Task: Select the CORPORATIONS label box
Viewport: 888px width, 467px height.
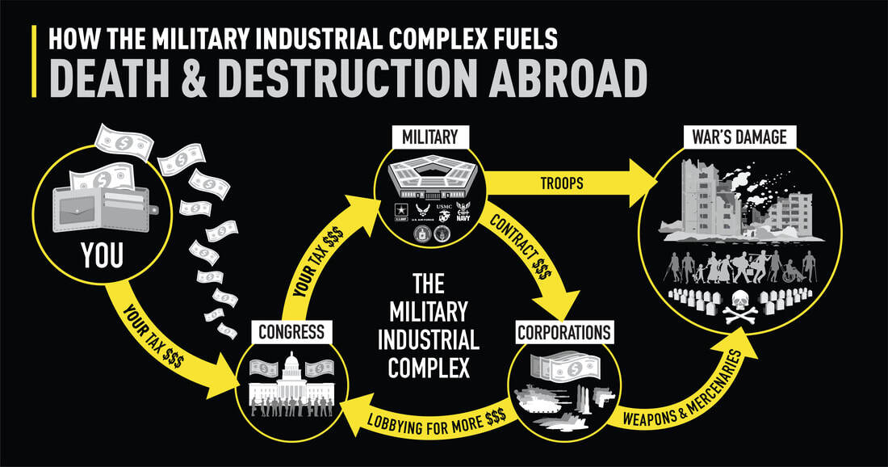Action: coord(564,332)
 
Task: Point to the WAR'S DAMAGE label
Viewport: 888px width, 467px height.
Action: coord(739,137)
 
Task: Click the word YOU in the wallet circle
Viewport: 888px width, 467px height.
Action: coord(102,256)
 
